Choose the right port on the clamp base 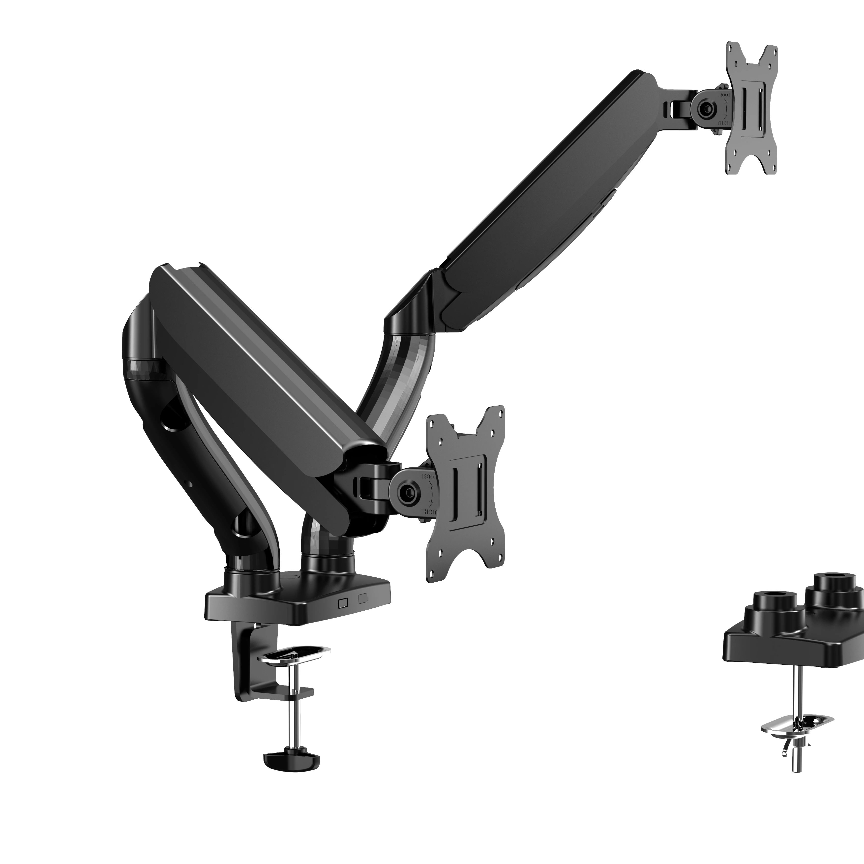tap(362, 598)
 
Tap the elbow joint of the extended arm tap(414, 309)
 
